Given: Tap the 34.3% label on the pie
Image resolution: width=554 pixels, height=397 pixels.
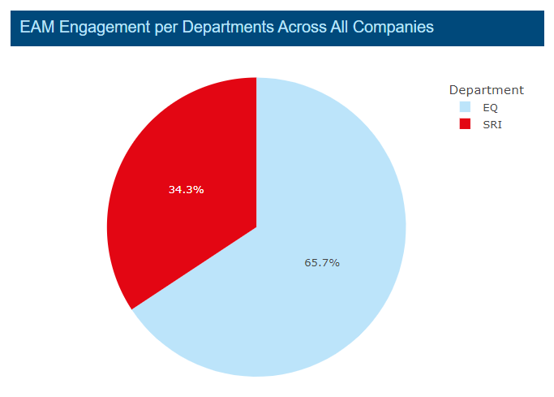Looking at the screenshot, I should pyautogui.click(x=186, y=190).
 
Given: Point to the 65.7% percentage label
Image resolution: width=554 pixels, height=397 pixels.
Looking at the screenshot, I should pyautogui.click(x=322, y=262).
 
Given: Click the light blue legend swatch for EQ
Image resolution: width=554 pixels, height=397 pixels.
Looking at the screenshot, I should pyautogui.click(x=465, y=107).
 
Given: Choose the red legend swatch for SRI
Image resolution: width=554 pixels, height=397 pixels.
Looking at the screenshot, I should pyautogui.click(x=465, y=123).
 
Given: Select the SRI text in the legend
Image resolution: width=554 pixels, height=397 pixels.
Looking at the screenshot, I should pyautogui.click(x=492, y=123).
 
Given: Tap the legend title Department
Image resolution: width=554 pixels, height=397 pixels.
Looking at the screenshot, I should pyautogui.click(x=486, y=90).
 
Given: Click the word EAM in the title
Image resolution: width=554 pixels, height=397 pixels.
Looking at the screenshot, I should pyautogui.click(x=36, y=28).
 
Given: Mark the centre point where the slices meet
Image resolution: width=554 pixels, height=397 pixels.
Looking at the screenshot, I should pyautogui.click(x=256, y=227).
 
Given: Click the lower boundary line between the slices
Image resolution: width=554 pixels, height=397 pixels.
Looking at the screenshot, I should pyautogui.click(x=195, y=267).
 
